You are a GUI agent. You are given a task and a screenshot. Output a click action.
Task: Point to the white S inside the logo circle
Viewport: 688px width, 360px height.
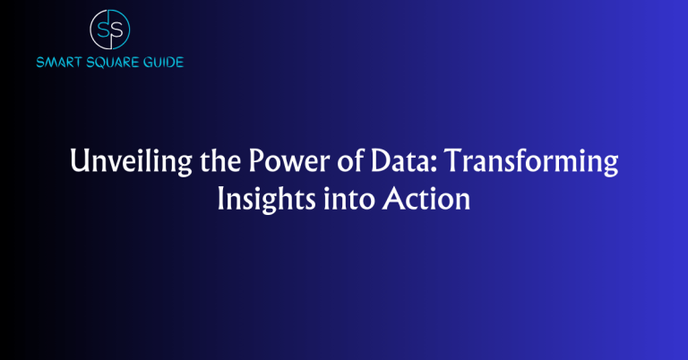click(x=116, y=28)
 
